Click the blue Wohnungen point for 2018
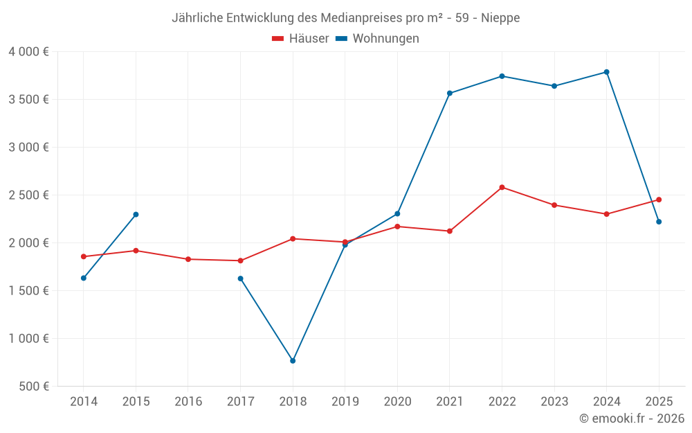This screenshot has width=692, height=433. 293,361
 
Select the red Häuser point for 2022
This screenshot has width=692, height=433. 502,187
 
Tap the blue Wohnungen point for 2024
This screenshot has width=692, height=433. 607,72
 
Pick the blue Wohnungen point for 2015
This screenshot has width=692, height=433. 136,214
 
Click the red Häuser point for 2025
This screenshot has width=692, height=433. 659,200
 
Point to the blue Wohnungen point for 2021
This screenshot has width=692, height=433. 450,94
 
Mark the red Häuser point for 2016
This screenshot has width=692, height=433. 188,259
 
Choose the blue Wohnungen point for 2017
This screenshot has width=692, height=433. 240,279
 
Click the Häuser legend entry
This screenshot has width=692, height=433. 300,39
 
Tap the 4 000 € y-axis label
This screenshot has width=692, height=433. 28,52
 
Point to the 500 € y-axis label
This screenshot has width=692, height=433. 33,387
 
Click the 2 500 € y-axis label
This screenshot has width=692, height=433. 28,195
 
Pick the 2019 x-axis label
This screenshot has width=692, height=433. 345,402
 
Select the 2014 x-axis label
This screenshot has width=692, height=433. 84,402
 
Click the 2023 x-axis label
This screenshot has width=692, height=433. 554,402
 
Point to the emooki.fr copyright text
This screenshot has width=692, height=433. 631,418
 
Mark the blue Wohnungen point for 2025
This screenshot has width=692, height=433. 659,222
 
